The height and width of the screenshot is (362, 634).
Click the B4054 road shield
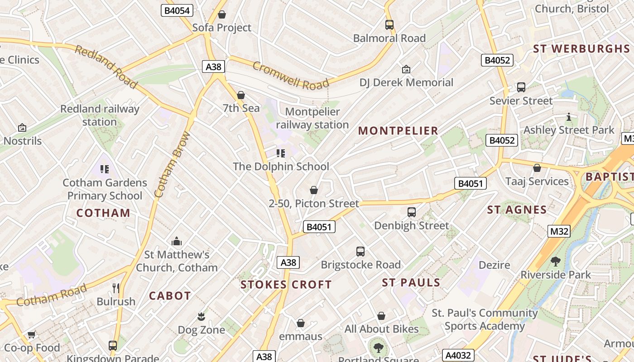177,11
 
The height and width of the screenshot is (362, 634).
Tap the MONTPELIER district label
398,131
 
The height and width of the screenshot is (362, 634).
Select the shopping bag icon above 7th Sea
241,95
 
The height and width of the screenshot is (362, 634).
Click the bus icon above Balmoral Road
389,25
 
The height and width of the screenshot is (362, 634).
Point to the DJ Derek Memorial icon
406,69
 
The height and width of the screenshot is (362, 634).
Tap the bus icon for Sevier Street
521,87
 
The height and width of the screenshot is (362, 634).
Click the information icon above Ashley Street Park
569,117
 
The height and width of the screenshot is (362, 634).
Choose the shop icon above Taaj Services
537,168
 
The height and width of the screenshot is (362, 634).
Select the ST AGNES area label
517,210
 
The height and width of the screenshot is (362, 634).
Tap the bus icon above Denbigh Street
411,212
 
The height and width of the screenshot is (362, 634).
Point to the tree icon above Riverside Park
555,261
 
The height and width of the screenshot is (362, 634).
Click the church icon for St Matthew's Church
177,241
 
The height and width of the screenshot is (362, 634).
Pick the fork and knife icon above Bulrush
116,288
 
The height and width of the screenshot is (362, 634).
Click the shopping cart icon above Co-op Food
31,335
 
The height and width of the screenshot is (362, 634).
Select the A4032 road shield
458,355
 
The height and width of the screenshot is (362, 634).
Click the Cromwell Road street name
290,76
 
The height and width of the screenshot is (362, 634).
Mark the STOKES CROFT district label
286,285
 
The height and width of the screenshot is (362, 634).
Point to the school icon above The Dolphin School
281,153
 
